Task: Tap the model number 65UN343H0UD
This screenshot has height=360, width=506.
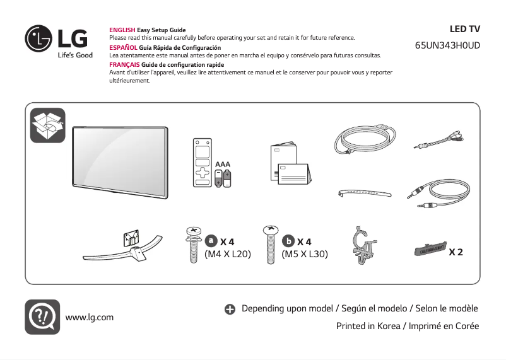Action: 447,47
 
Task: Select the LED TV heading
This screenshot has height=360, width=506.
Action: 464,29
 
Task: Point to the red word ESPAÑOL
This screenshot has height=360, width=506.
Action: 123,48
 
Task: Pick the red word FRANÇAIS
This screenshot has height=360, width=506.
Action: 125,65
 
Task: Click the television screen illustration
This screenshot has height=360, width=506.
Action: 120,157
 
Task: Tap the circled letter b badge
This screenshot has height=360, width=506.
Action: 288,241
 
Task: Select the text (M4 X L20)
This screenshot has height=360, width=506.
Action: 228,255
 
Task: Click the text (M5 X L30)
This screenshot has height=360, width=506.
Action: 305,255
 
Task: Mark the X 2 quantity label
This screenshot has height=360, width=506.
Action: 456,252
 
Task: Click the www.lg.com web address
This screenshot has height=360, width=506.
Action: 90,317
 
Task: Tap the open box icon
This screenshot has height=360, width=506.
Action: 48,125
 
